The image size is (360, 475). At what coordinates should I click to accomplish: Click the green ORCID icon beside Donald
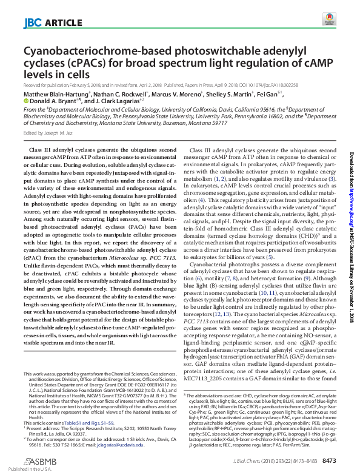click(x=25, y=102)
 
